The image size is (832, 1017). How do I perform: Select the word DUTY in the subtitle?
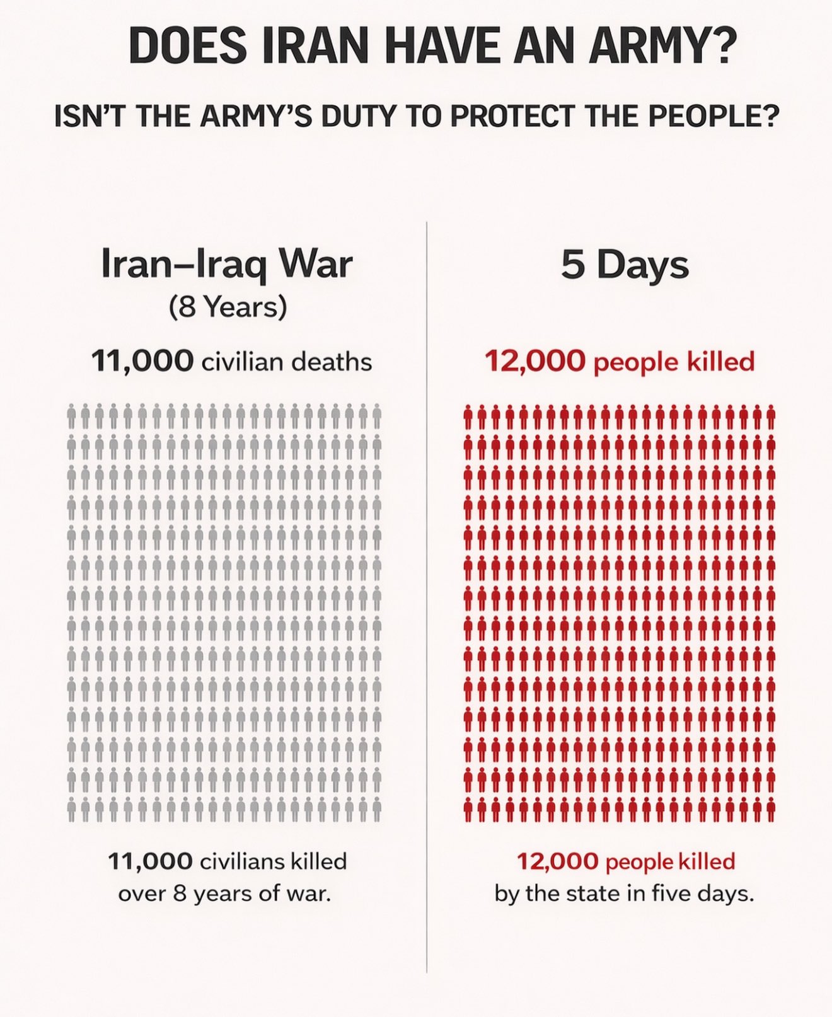355,117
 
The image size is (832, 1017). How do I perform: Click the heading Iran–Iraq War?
227,265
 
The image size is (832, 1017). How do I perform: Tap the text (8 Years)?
228,307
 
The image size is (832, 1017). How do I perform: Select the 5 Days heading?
625,265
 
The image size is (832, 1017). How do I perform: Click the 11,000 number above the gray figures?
142,362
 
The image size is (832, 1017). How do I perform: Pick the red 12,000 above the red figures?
535,362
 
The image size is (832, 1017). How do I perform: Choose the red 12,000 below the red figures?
557,861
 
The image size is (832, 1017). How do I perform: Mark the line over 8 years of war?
224,893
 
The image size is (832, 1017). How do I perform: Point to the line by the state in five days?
624,893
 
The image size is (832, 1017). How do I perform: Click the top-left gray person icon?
72,417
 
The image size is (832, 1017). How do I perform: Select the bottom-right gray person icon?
377,808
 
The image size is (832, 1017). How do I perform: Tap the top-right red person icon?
771,417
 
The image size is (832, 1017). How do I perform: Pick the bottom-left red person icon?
468,808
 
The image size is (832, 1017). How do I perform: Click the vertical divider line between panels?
427,599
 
